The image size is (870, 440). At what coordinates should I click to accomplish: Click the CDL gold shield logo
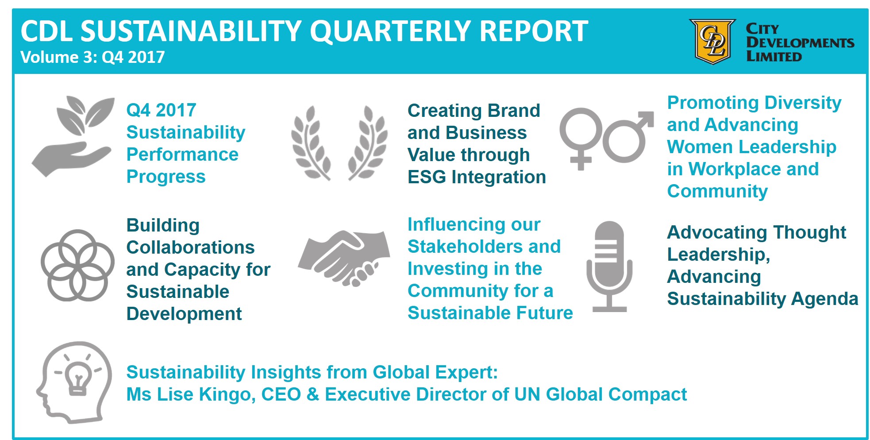712,42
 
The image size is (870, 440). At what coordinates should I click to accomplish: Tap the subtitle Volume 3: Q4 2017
92,57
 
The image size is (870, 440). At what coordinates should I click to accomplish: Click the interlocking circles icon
78,265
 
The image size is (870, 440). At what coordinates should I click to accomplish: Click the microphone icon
609,266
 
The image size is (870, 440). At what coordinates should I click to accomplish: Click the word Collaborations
190,247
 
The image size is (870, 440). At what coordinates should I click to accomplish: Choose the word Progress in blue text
166,177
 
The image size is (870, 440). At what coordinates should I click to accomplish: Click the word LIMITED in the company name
774,57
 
